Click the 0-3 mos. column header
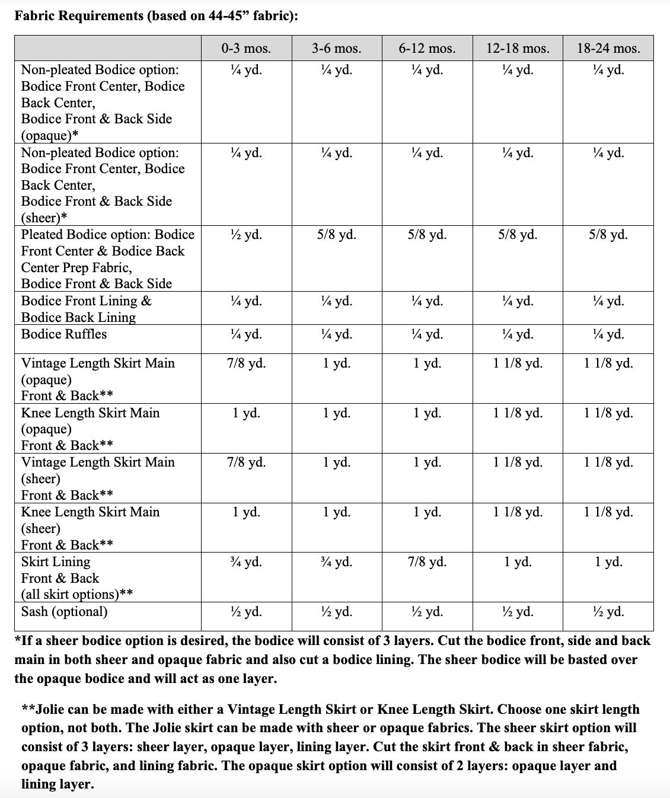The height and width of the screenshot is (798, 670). (246, 49)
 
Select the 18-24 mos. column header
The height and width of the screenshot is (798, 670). (608, 49)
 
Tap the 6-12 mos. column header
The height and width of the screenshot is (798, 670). (427, 49)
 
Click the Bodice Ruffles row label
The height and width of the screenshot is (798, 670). (64, 334)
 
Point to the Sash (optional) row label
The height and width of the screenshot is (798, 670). (64, 611)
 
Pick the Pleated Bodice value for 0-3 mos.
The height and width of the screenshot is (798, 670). (246, 235)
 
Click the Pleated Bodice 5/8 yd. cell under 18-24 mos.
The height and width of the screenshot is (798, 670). (608, 235)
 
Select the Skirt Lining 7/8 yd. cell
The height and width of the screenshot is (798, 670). (427, 561)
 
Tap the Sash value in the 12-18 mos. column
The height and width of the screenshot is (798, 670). (518, 612)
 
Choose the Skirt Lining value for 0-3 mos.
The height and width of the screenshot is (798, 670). (246, 561)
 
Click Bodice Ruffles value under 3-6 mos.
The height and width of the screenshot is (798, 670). (337, 334)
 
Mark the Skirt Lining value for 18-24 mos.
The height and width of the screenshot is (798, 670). (608, 561)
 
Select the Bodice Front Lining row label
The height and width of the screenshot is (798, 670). (87, 301)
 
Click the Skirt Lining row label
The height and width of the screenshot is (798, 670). (56, 562)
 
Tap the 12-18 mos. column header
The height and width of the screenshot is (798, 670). (518, 49)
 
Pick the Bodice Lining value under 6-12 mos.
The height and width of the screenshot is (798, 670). (427, 301)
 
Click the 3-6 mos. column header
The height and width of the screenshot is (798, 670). (337, 49)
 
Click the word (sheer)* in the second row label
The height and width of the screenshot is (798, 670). (44, 218)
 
